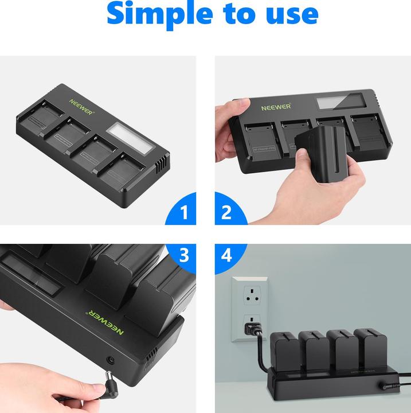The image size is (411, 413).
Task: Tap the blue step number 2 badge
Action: [x=226, y=213]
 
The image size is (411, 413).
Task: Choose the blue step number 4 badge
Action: [x=226, y=256]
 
